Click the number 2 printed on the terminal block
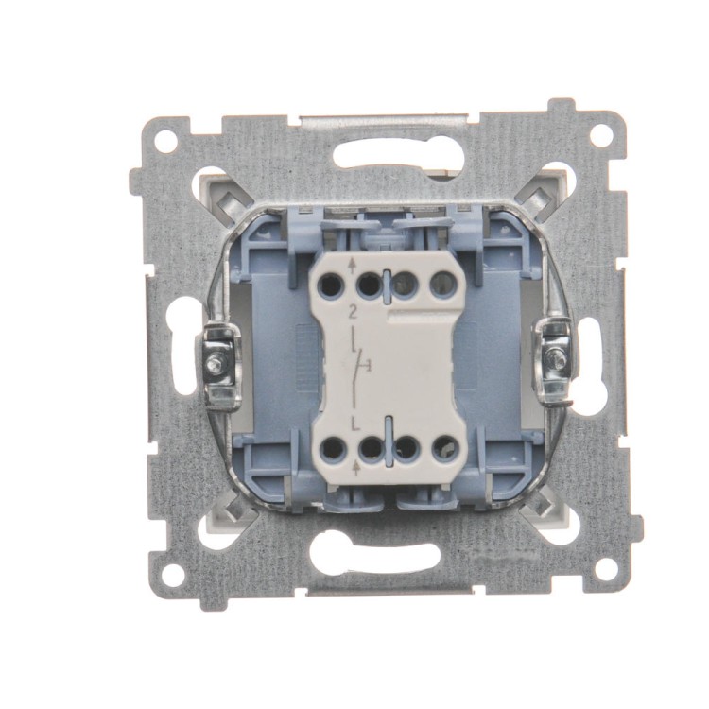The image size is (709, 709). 353,311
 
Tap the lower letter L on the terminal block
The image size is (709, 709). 354,424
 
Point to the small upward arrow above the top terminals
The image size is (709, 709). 353,267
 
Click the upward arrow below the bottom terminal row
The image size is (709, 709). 355,469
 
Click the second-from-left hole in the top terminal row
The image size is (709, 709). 369,285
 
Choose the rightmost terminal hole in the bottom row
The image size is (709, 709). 444,448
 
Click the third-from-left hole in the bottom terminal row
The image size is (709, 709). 407,448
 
